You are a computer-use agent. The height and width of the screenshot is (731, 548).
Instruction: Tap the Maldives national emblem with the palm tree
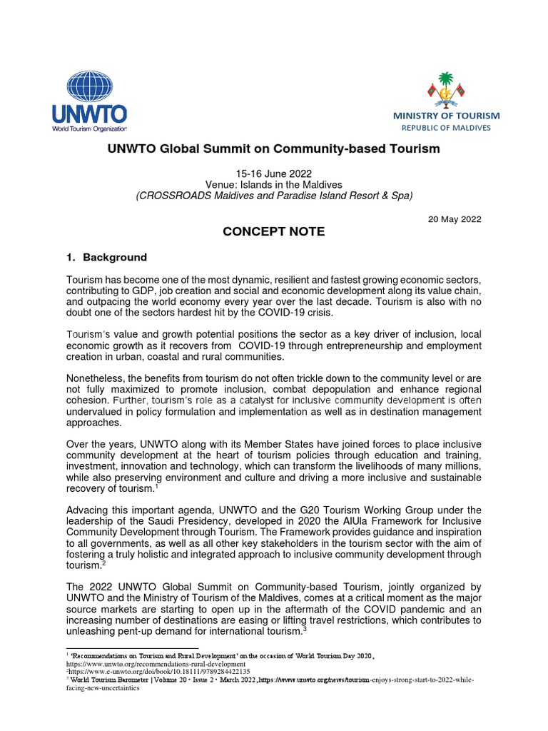pyautogui.click(x=445, y=90)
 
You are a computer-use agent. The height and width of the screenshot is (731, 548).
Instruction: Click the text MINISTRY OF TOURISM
pyautogui.click(x=447, y=116)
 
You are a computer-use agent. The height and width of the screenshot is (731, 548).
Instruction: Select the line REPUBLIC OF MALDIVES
pyautogui.click(x=447, y=128)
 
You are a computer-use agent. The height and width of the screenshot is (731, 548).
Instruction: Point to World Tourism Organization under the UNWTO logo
pyautogui.click(x=88, y=129)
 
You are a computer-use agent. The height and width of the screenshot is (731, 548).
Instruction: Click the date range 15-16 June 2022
pyautogui.click(x=274, y=173)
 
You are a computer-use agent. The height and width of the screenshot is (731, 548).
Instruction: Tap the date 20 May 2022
pyautogui.click(x=454, y=219)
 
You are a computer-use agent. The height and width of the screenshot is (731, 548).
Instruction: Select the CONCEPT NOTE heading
pyautogui.click(x=274, y=232)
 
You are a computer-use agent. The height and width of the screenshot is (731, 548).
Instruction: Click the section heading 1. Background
pyautogui.click(x=107, y=257)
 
